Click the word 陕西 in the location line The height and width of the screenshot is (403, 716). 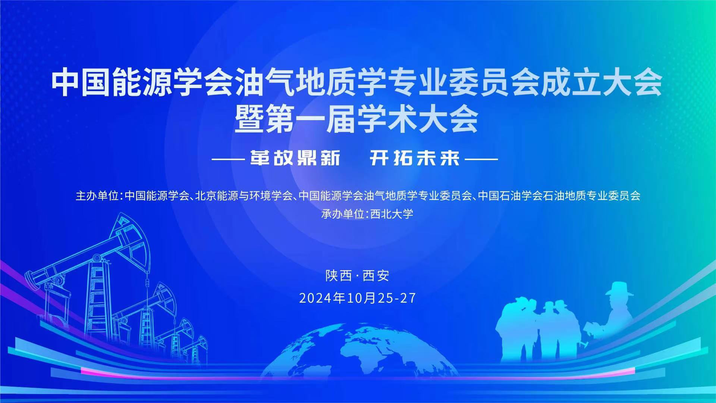point(339,276)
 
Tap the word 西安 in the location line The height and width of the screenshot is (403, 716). point(376,276)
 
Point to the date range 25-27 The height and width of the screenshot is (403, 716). point(396,298)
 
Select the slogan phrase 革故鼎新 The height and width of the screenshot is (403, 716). point(295,159)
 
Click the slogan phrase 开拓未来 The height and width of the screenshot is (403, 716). point(415,159)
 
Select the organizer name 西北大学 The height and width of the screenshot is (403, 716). point(392,214)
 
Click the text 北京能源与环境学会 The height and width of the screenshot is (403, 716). point(244,196)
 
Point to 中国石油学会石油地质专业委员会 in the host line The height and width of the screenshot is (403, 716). point(559,196)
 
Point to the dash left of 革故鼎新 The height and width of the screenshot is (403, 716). point(227,159)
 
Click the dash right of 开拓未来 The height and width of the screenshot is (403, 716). point(482,159)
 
